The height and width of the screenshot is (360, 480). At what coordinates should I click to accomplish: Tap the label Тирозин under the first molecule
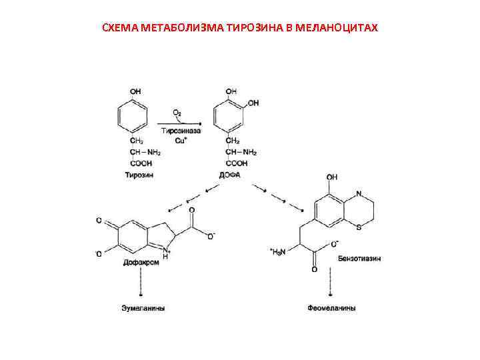[139, 175]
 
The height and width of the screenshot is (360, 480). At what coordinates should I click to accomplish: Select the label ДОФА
[229, 175]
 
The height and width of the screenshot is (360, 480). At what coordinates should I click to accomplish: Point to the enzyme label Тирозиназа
[178, 131]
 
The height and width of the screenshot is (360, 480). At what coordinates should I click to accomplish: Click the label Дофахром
[140, 262]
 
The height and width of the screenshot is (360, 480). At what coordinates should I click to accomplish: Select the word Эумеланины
[143, 309]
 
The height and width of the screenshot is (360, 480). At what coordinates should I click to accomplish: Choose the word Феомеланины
[331, 309]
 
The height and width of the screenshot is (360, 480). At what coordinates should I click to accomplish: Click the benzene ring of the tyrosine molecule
[131, 117]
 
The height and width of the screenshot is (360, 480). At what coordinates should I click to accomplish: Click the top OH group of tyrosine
[135, 91]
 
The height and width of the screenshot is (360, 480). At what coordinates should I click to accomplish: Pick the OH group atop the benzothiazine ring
[331, 177]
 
